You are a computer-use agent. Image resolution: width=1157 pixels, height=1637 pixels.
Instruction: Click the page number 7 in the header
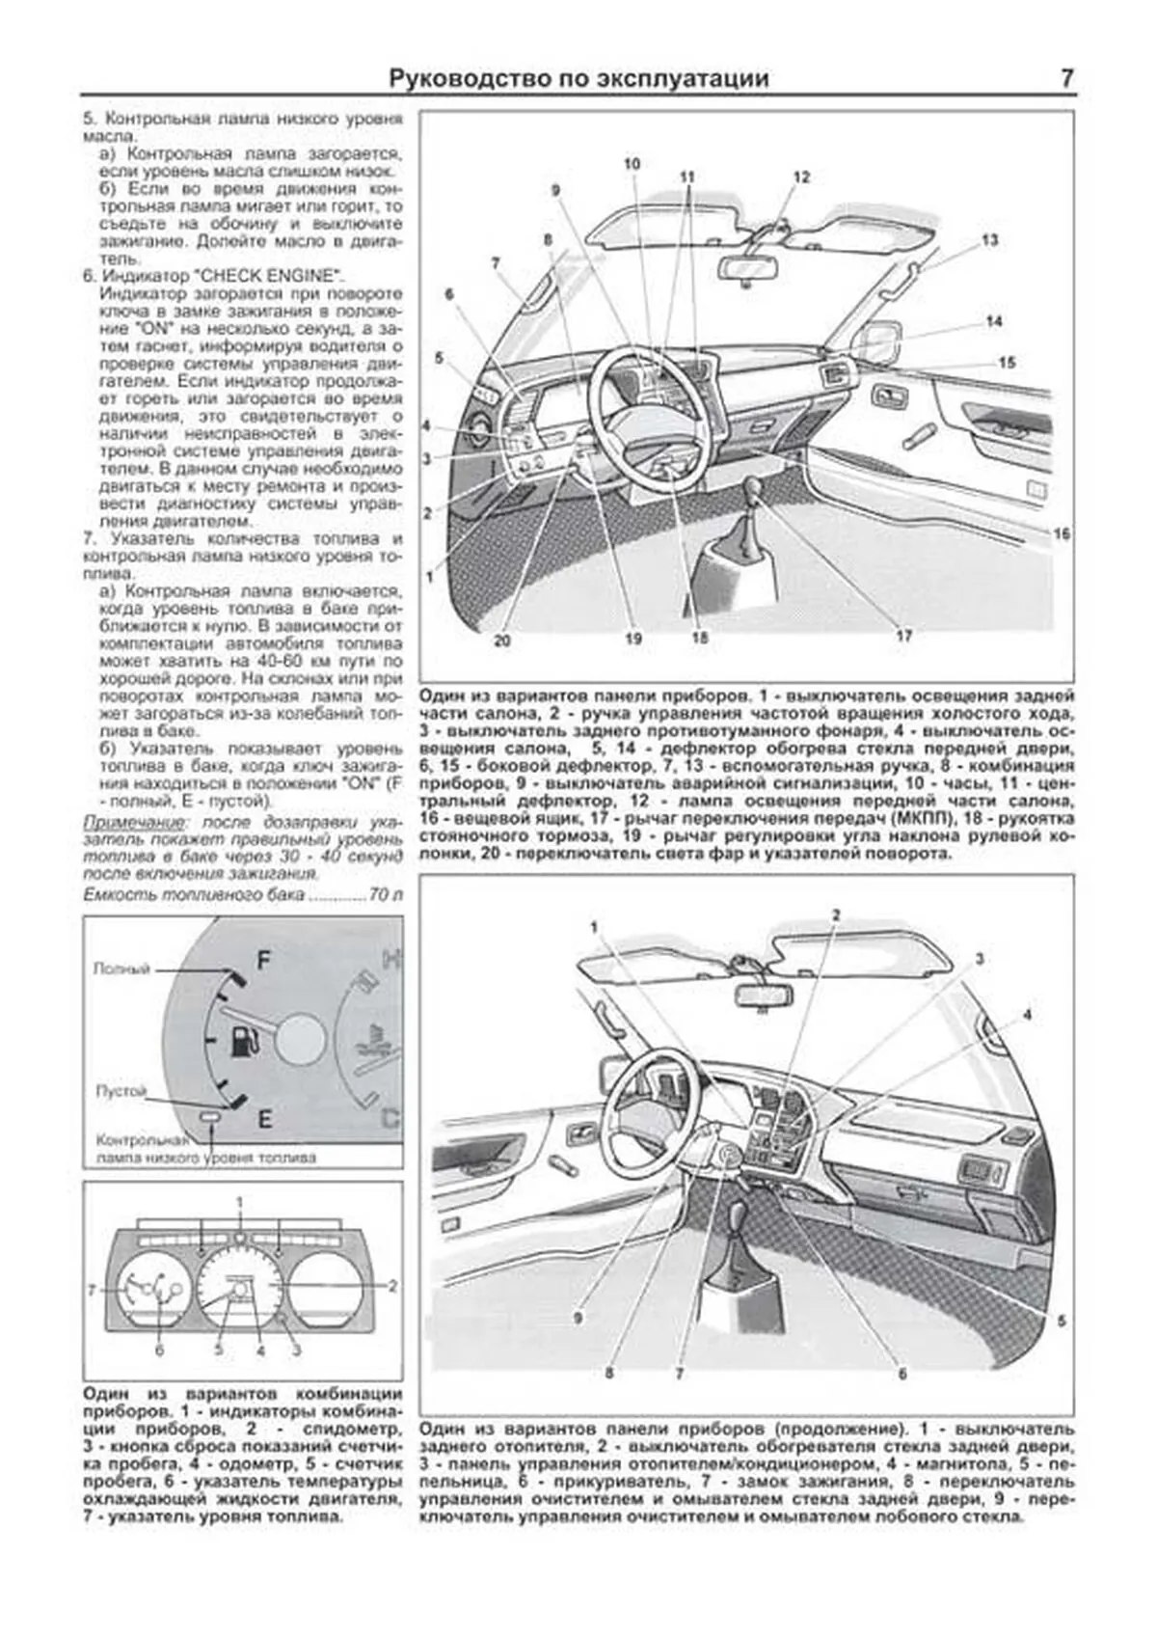(1066, 78)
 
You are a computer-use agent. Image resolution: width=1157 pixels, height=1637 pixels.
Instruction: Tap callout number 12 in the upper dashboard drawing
(801, 177)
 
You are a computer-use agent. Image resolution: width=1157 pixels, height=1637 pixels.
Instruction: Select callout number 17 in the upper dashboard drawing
(903, 636)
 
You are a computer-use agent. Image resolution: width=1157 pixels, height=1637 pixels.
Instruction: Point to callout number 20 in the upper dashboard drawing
(502, 640)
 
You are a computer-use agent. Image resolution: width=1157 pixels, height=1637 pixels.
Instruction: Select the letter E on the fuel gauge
(264, 1118)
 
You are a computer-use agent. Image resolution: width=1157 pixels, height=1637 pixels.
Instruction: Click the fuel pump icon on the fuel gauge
(245, 1041)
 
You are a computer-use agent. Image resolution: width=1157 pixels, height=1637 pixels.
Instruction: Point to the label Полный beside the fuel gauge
(121, 969)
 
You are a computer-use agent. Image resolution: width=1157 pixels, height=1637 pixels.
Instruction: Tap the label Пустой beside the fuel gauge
(121, 1091)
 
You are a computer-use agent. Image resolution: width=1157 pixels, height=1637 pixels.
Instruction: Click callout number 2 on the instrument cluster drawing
(392, 1286)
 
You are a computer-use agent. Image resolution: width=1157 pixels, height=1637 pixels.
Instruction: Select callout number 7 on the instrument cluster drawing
(92, 1289)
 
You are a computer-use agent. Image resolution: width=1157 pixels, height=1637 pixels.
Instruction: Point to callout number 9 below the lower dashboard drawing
(578, 1316)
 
